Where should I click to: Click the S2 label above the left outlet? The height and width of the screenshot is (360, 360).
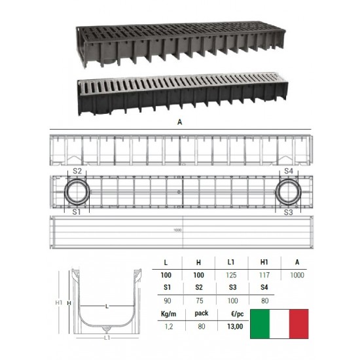coord(77,171)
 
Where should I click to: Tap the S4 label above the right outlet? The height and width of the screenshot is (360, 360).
coord(289,171)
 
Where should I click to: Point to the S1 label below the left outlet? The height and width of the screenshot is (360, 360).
coord(77,212)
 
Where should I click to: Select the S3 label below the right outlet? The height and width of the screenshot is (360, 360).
coord(289,212)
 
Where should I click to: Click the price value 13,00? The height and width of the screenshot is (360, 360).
coord(235,327)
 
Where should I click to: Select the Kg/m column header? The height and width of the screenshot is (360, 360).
coord(168,314)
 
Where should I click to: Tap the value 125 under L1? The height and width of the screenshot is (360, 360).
coord(231,275)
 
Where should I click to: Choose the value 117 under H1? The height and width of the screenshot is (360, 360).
coord(264,275)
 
